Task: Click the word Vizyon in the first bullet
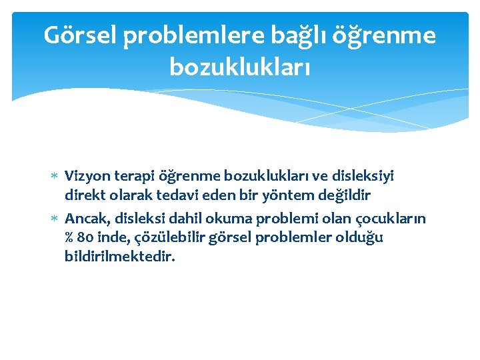tap(85, 177)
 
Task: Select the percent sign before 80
tap(69, 238)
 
